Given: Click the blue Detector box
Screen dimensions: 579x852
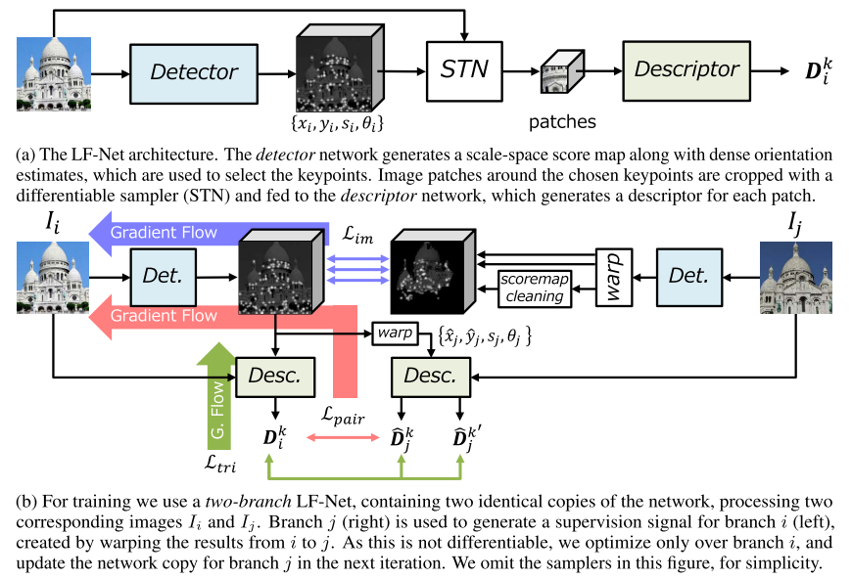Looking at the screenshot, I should click(x=194, y=72).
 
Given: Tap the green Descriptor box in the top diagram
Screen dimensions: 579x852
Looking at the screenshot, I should click(x=687, y=70).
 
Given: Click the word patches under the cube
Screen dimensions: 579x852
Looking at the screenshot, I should click(x=562, y=123).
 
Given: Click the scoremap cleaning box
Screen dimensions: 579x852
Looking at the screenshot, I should click(x=534, y=287).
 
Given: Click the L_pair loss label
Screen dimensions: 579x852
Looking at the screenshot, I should click(x=343, y=420).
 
